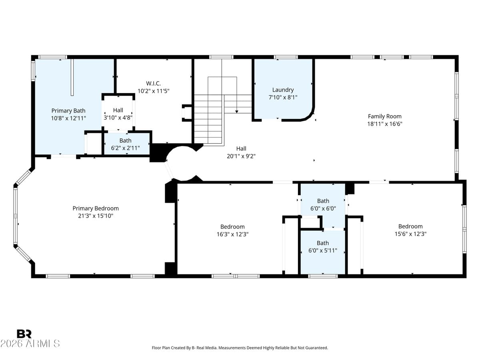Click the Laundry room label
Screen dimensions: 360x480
click(283, 90)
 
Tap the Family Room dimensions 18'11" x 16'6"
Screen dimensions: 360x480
click(384, 124)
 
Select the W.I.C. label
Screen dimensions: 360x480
click(153, 84)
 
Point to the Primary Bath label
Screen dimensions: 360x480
click(68, 111)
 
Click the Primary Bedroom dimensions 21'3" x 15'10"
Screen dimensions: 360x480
click(96, 216)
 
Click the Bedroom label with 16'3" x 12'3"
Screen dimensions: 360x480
click(232, 227)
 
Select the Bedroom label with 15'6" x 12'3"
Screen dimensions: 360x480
click(410, 226)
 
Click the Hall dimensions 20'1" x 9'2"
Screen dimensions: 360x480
click(241, 156)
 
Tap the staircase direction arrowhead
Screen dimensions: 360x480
click(237, 111)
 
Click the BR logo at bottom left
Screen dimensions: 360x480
click(24, 334)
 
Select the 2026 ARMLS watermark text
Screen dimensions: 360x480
click(30, 344)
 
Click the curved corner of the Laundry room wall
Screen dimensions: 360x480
click(308, 115)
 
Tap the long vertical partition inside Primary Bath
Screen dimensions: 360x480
click(72, 77)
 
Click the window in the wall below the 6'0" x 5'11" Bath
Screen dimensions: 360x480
click(323, 276)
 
